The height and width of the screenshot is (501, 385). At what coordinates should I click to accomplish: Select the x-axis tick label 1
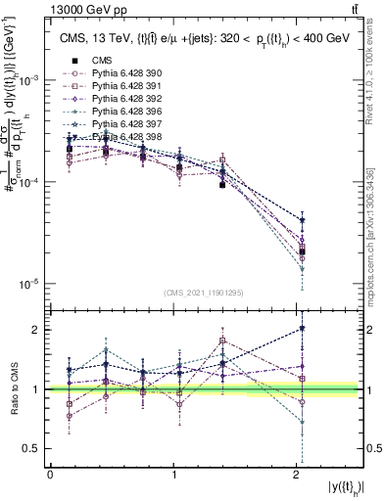click(x=174, y=474)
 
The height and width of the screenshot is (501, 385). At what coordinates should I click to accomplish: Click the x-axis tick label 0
click(x=50, y=474)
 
